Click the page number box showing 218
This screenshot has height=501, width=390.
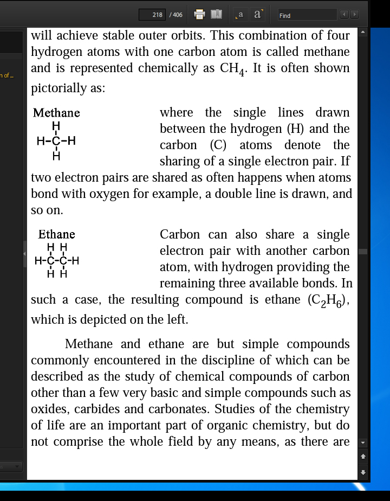[152, 15]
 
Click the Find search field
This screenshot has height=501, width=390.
[307, 15]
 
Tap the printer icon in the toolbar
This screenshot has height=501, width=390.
[199, 15]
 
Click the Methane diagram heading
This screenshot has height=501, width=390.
[56, 113]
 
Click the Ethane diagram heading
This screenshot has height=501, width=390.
[56, 234]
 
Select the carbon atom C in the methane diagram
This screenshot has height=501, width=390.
[56, 142]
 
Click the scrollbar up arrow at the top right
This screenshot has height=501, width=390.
[363, 33]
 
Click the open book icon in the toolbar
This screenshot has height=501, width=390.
[216, 15]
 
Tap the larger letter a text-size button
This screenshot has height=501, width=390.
[257, 15]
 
